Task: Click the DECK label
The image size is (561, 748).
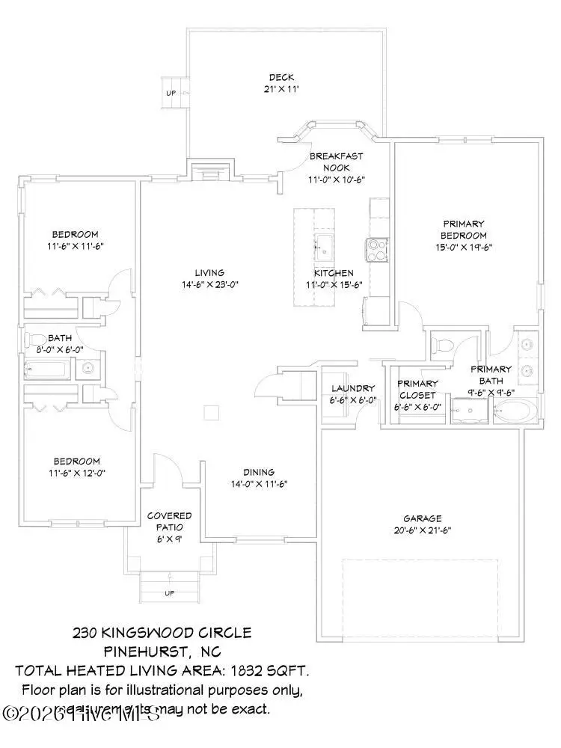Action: click(x=281, y=77)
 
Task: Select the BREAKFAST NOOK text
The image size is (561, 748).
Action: click(x=330, y=162)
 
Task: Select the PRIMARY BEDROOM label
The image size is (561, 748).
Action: click(x=464, y=229)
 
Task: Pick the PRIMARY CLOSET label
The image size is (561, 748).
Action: click(x=417, y=389)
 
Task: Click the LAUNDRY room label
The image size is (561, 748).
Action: click(x=353, y=388)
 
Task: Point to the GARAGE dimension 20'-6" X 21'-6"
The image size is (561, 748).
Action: click(x=423, y=530)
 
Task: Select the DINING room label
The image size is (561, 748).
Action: click(x=258, y=472)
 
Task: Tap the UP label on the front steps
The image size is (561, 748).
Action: click(x=169, y=593)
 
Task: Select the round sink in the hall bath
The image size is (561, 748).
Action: click(x=88, y=368)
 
